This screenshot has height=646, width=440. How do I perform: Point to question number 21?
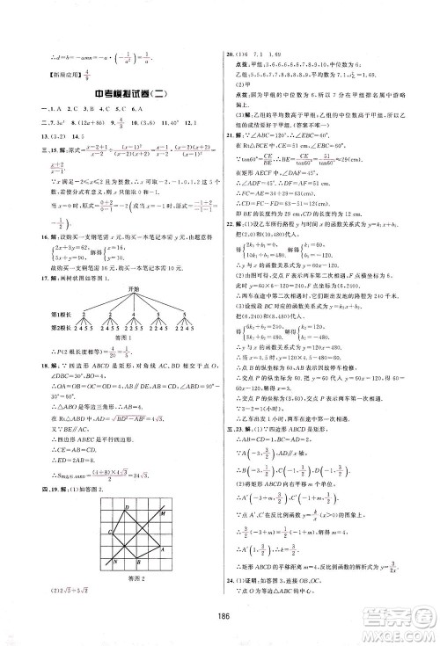coord(231,113)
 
